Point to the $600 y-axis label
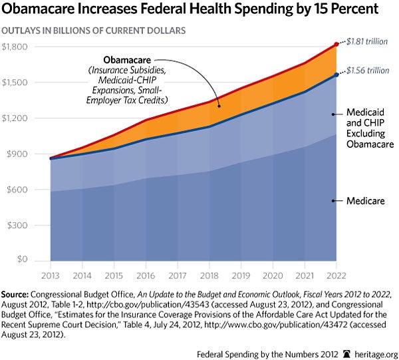pyautogui.click(x=15, y=189)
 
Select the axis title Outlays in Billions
pyautogui.click(x=93, y=31)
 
